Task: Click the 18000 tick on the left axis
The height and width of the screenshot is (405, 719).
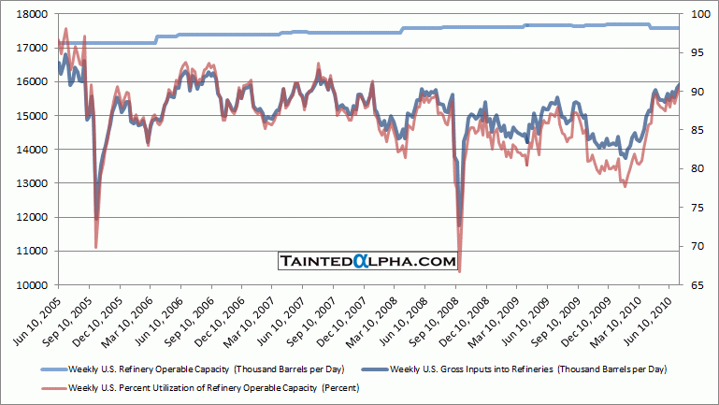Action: point(36,14)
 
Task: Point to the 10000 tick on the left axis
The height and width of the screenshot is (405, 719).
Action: point(36,284)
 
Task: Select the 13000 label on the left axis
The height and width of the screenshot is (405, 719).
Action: point(36,183)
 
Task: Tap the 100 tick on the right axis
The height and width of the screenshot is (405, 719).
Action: point(697,14)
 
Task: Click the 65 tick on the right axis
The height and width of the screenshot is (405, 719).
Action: point(695,284)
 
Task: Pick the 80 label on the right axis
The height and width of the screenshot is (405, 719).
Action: point(695,168)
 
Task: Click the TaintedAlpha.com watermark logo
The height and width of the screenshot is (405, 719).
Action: point(367,262)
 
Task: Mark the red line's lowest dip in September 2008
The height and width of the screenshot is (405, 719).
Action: point(459,271)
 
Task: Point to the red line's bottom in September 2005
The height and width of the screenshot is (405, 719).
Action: point(96,248)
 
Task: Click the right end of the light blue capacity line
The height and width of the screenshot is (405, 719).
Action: point(678,28)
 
